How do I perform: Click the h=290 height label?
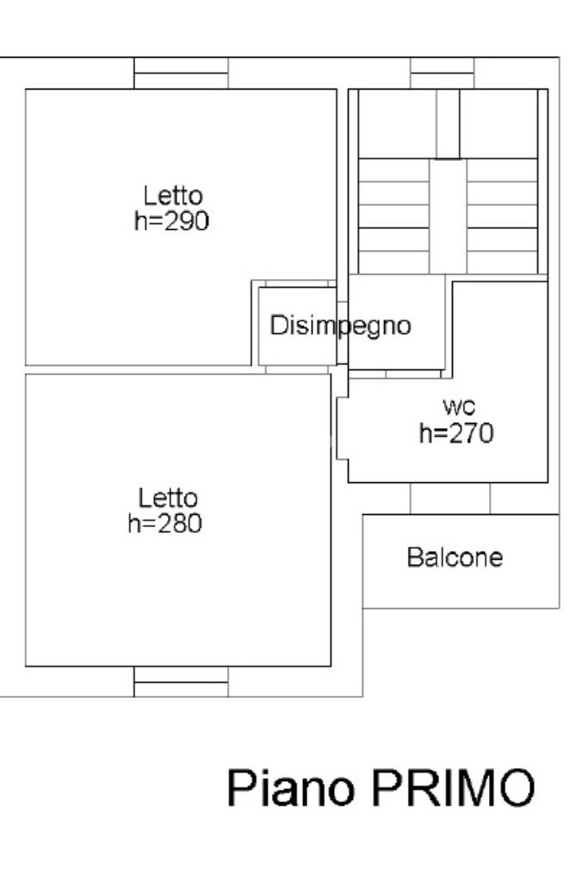[172, 220]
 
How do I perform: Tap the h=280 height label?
[165, 523]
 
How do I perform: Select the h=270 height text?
[456, 433]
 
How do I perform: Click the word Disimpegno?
[340, 326]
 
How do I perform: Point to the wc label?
[459, 406]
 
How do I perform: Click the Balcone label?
[455, 557]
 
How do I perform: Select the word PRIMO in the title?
[453, 788]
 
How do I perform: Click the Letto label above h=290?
[173, 195]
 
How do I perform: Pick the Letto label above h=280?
[169, 499]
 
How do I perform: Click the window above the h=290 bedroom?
[181, 73]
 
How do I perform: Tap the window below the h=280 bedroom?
[181, 681]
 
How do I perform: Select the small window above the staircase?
[442, 73]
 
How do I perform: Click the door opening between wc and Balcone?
[450, 499]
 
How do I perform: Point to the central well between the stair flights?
[449, 216]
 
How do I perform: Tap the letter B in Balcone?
[414, 557]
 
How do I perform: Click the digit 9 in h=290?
[183, 220]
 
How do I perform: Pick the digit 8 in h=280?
[176, 524]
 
